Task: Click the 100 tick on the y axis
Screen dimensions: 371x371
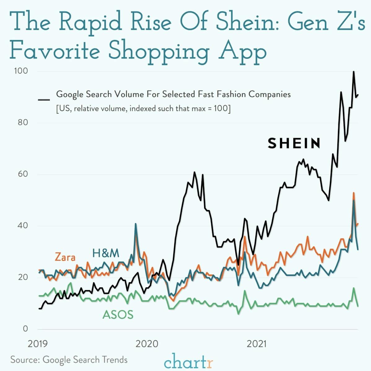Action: point(21,71)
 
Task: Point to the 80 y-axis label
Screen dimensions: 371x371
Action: point(21,122)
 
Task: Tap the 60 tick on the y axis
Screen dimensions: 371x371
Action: point(21,174)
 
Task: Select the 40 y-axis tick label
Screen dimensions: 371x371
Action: point(21,225)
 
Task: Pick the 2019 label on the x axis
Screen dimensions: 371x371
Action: point(38,344)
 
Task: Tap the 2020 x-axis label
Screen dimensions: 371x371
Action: point(147,344)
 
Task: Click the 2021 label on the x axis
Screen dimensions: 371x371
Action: point(256,344)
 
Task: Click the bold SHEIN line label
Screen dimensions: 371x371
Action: point(294,143)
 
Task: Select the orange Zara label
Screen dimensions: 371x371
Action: point(65,257)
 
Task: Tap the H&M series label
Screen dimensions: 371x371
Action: point(106,253)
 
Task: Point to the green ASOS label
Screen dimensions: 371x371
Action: point(118,315)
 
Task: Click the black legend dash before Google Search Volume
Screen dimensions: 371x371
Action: point(44,100)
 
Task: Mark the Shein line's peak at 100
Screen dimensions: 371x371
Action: point(353,72)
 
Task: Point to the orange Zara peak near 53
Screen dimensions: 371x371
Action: point(353,193)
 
